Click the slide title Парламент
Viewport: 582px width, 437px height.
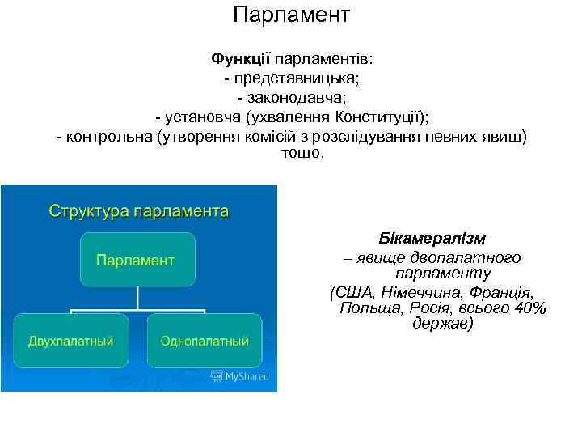pos(291,15)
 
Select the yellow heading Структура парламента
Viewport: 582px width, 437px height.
pos(138,212)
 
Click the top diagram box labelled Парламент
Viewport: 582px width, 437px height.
pos(137,260)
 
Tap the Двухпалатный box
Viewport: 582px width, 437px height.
pos(70,339)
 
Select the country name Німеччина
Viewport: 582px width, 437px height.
pos(420,291)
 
